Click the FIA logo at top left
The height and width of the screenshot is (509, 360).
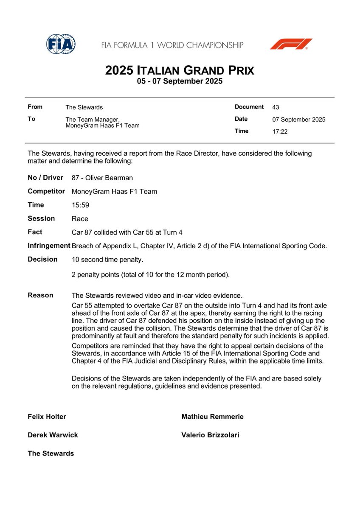[x=61, y=44]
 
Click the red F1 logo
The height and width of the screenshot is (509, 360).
[x=291, y=44]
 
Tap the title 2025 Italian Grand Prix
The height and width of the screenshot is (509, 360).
[x=180, y=70]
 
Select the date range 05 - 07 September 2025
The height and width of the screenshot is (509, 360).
[x=180, y=81]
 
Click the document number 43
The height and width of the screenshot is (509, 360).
[x=276, y=107]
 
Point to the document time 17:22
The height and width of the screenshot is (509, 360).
[x=280, y=131]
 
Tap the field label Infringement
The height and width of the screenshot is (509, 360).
[x=49, y=246]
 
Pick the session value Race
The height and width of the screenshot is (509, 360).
[x=80, y=219]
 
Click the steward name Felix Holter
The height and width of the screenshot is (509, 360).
[x=47, y=417]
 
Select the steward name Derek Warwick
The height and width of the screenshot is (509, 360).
[x=53, y=435]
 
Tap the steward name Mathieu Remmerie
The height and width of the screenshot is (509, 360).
[x=212, y=417]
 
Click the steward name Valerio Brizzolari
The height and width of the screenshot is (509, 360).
[x=210, y=435]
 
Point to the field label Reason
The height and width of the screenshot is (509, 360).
[x=40, y=295]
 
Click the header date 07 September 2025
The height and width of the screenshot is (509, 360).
[x=299, y=120]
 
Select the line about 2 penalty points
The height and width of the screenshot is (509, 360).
[x=151, y=275]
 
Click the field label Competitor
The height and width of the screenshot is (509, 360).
[x=46, y=191]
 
